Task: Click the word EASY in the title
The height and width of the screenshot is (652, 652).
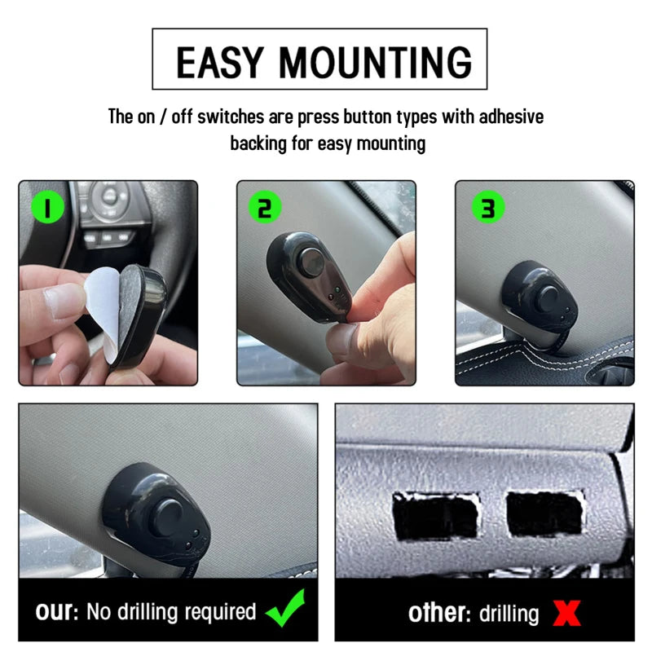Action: (220, 63)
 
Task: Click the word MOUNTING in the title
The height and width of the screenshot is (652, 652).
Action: (376, 63)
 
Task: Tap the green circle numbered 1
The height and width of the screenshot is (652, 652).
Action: (48, 207)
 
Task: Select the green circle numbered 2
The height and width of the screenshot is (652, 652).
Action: (265, 207)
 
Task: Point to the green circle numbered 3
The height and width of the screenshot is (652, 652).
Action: (488, 207)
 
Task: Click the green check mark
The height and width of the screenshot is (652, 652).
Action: (286, 608)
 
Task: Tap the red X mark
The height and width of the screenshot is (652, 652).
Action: (566, 613)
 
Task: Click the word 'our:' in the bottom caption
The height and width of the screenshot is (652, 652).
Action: (57, 611)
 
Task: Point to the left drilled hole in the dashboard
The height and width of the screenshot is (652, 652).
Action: (435, 516)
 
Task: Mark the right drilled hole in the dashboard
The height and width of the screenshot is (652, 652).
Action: (544, 513)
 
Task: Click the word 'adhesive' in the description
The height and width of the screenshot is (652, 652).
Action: (511, 117)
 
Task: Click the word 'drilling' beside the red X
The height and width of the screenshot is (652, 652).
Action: (509, 614)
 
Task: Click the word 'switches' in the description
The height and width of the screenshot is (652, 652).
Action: (231, 117)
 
